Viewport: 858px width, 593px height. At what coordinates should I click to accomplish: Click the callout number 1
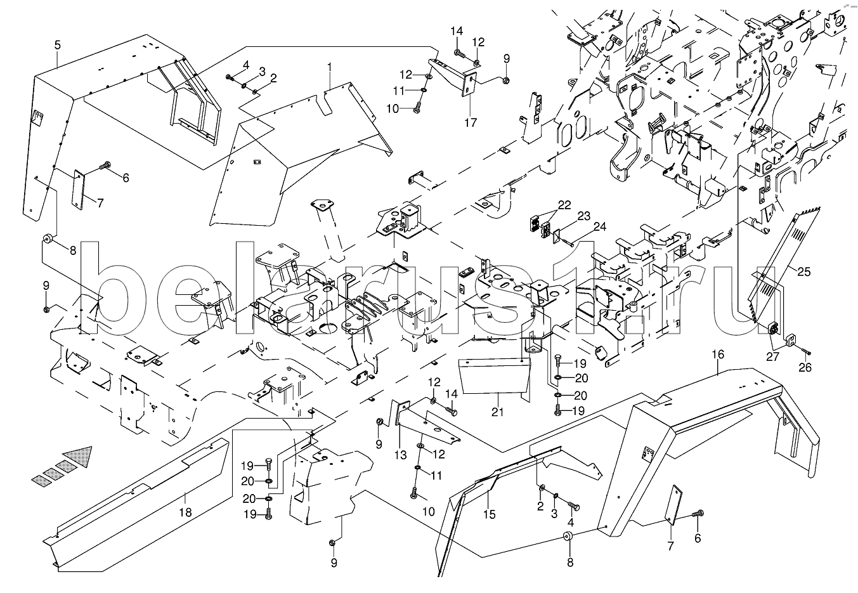(330, 66)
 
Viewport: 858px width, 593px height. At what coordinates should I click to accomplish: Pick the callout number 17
(470, 123)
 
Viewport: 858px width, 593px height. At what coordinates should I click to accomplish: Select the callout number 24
(599, 226)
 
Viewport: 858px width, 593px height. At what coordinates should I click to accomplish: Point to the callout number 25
(803, 273)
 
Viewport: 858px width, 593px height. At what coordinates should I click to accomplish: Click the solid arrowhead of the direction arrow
(80, 455)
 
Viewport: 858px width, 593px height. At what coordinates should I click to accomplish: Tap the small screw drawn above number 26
(804, 349)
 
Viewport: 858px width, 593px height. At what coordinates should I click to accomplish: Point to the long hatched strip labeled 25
(784, 260)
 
